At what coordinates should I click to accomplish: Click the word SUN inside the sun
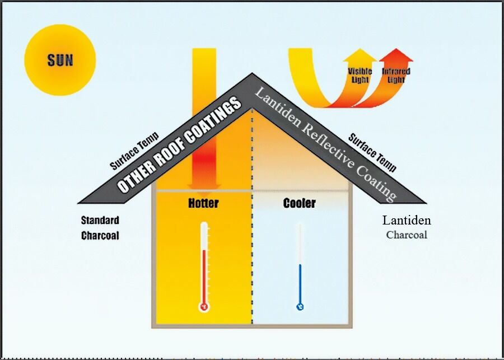[60, 59]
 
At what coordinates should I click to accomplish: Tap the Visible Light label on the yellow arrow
[360, 75]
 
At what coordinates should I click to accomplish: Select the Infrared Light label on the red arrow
[396, 75]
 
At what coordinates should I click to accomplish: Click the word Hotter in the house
[203, 203]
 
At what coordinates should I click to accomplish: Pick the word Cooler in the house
[299, 203]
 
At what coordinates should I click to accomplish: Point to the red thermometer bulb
[204, 307]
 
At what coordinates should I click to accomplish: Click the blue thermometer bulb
[300, 307]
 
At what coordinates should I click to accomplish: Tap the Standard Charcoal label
[100, 228]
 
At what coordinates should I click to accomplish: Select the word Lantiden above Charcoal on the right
[407, 220]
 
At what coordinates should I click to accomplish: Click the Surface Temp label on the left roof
[134, 151]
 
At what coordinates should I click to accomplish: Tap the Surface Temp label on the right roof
[372, 152]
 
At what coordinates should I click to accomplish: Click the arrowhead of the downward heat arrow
[204, 186]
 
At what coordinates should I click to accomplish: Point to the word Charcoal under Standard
[100, 236]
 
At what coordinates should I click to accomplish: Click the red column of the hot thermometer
[204, 274]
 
